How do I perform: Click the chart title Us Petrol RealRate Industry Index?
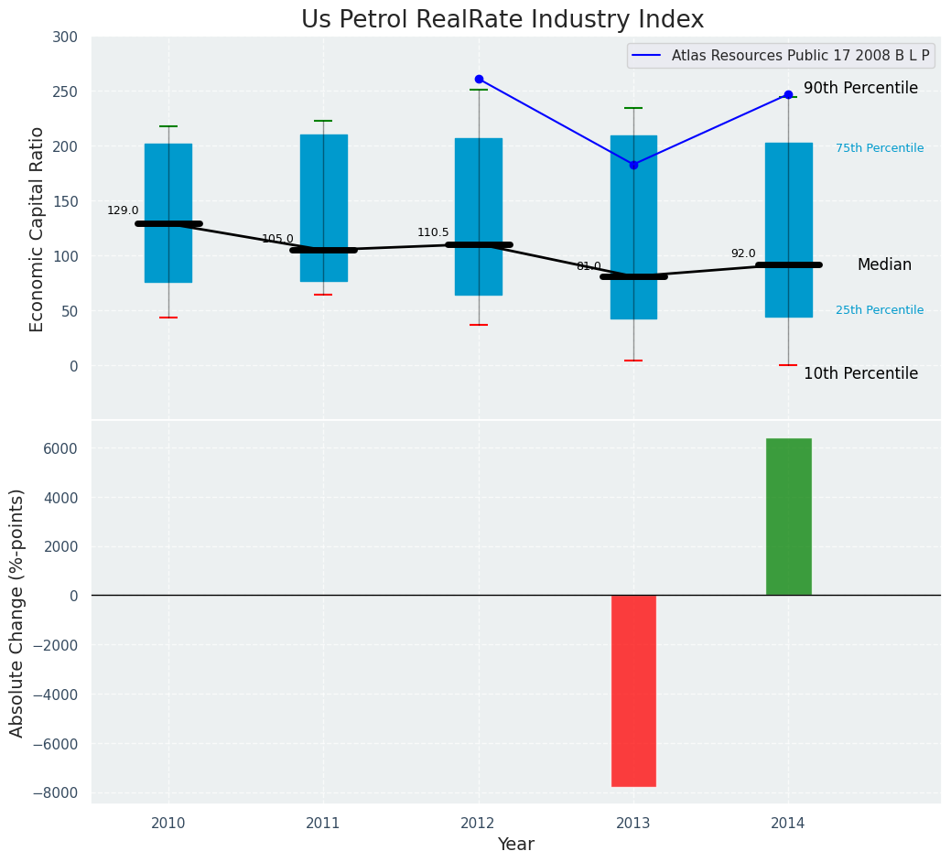coord(503,20)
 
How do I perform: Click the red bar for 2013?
coord(633,691)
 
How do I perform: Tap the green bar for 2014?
coord(788,516)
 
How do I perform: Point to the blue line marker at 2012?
coord(479,80)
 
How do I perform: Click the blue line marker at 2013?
coord(633,165)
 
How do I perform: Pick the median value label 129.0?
coord(123,210)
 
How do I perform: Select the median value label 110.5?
coord(433,232)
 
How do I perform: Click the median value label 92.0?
coord(743,253)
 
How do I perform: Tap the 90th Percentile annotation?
coord(860,89)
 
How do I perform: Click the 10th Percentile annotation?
coord(860,373)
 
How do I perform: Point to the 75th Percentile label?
coord(880,148)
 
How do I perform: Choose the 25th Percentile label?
coord(880,310)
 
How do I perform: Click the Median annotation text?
coord(884,264)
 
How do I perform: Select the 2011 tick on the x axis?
coord(323,824)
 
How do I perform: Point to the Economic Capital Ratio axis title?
coord(38,229)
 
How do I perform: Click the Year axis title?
coord(515,845)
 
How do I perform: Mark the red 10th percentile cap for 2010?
coord(168,318)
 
